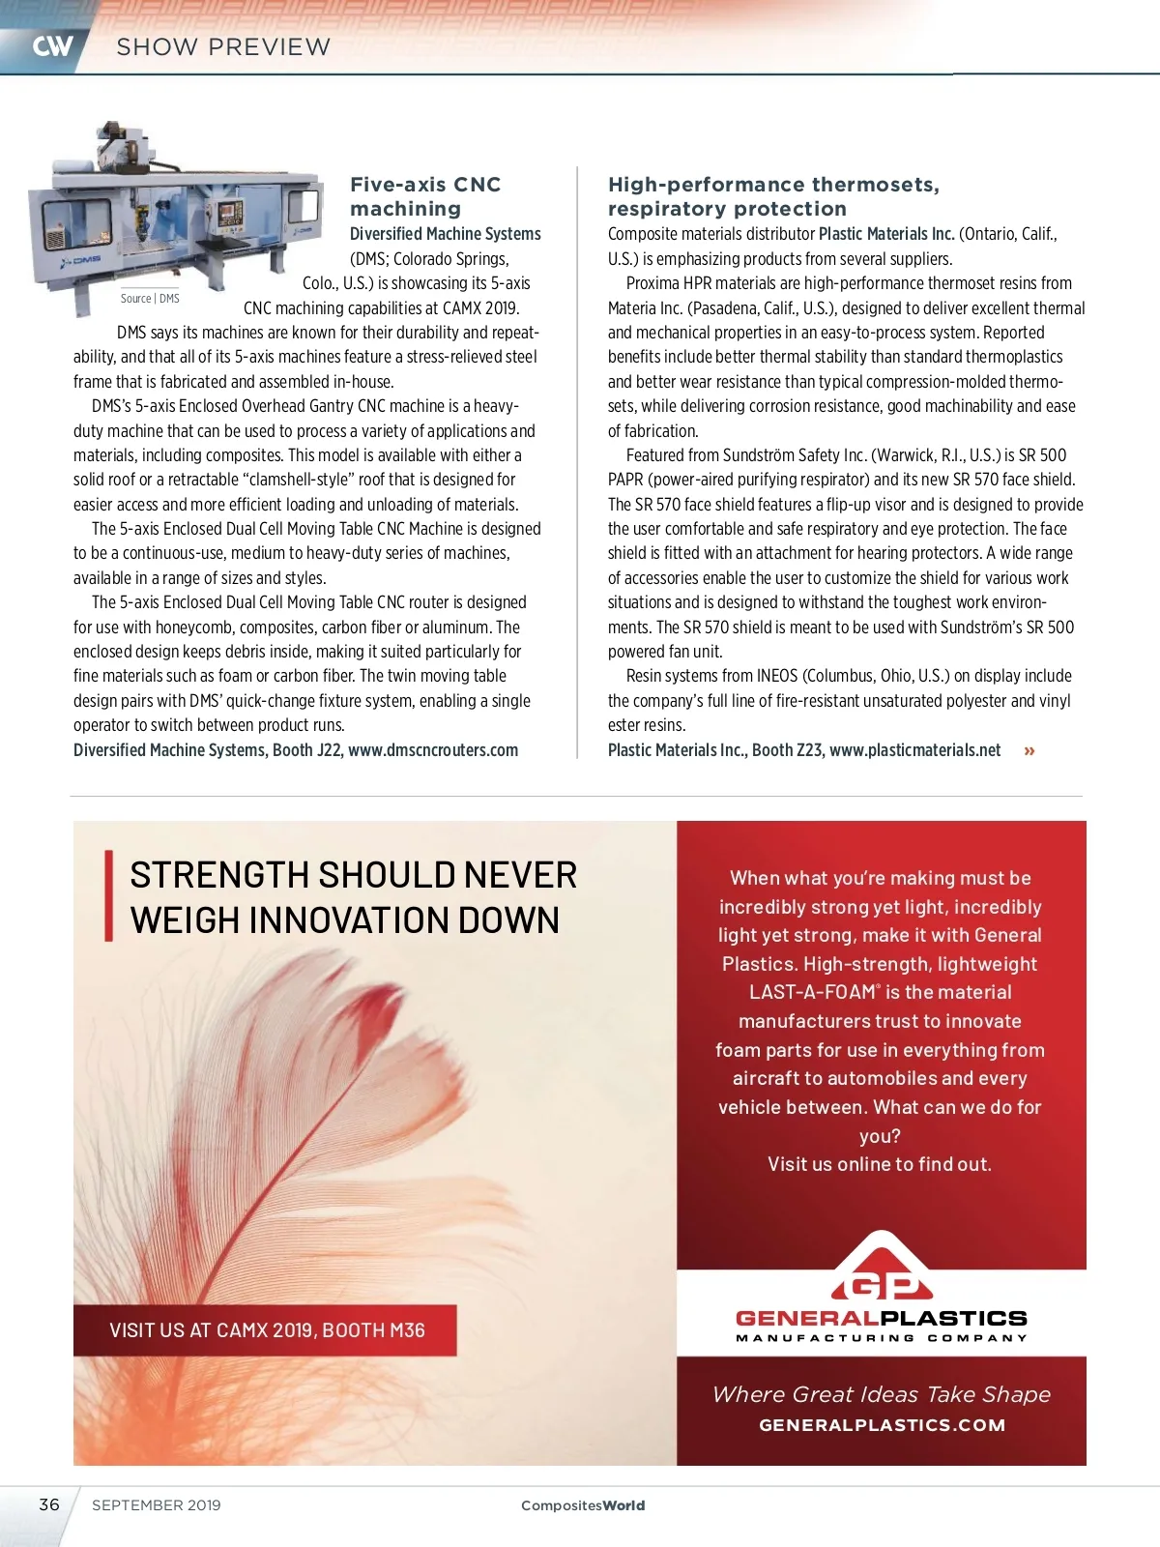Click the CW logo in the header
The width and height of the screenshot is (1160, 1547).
[52, 46]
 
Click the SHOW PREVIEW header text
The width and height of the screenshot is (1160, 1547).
[223, 46]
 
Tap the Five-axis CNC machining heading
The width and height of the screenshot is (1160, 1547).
[425, 196]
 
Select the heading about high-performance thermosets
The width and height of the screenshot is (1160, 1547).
[773, 196]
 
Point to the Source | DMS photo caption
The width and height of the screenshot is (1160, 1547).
[150, 299]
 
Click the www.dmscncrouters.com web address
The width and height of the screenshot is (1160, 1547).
[433, 750]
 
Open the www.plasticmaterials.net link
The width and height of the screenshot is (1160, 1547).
[914, 750]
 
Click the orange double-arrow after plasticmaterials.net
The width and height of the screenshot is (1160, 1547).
[1029, 751]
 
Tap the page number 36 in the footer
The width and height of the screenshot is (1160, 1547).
[49, 1504]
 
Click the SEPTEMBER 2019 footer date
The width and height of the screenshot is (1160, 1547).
[157, 1505]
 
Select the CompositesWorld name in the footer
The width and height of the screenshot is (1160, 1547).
[583, 1505]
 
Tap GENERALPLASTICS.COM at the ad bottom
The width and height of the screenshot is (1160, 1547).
[882, 1425]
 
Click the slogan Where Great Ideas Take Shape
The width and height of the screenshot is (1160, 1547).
[881, 1394]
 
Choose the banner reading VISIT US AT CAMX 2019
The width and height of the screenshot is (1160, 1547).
[266, 1330]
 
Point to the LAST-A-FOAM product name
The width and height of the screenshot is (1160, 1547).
[812, 993]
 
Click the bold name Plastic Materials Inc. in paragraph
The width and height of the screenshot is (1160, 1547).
[886, 234]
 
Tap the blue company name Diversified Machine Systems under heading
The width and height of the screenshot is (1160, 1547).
[445, 234]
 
